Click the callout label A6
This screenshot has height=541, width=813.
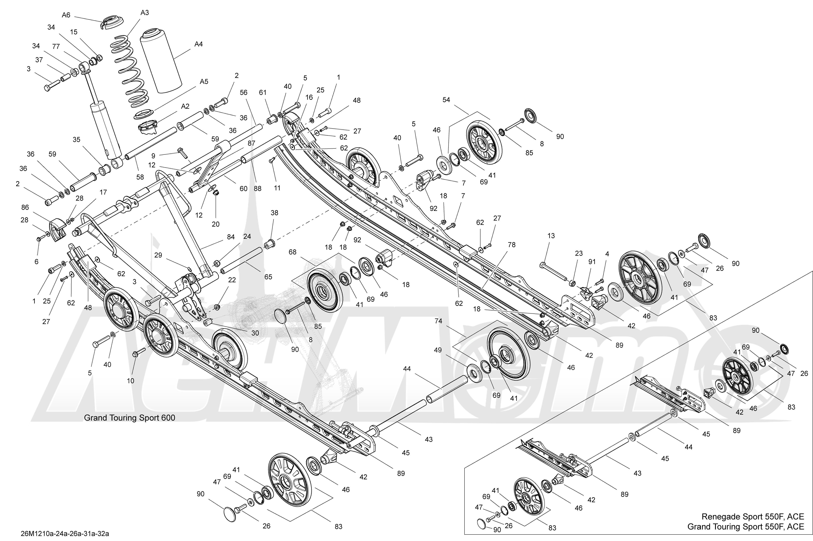(66, 15)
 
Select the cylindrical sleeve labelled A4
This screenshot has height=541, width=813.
(161, 62)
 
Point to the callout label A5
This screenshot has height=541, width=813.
(204, 82)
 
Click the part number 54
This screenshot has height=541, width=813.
(446, 100)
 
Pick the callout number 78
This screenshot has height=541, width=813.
(511, 245)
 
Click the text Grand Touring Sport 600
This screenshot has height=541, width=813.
(130, 418)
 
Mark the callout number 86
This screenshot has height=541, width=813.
(25, 207)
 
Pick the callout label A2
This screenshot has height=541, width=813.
(186, 106)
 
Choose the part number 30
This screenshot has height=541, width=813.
(255, 333)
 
